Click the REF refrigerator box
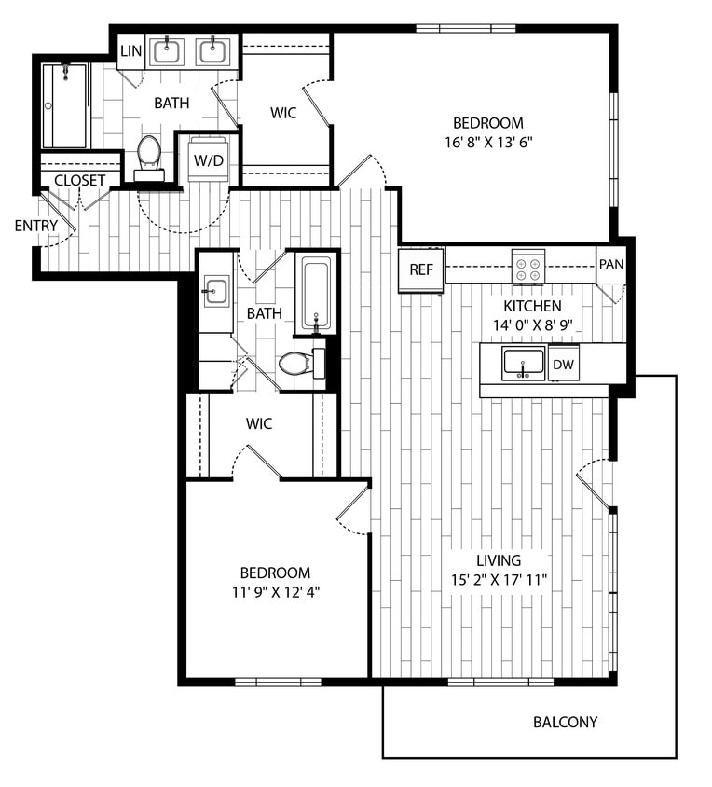(420, 270)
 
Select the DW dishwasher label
(563, 364)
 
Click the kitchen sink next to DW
(524, 363)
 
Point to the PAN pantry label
(610, 264)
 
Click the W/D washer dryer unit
(209, 159)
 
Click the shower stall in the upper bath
(64, 105)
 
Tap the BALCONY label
(565, 722)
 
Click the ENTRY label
(35, 226)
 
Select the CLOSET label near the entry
(79, 180)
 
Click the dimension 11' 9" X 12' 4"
(275, 591)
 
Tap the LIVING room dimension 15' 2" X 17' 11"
(499, 580)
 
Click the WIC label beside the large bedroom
(283, 113)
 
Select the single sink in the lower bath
(215, 292)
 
